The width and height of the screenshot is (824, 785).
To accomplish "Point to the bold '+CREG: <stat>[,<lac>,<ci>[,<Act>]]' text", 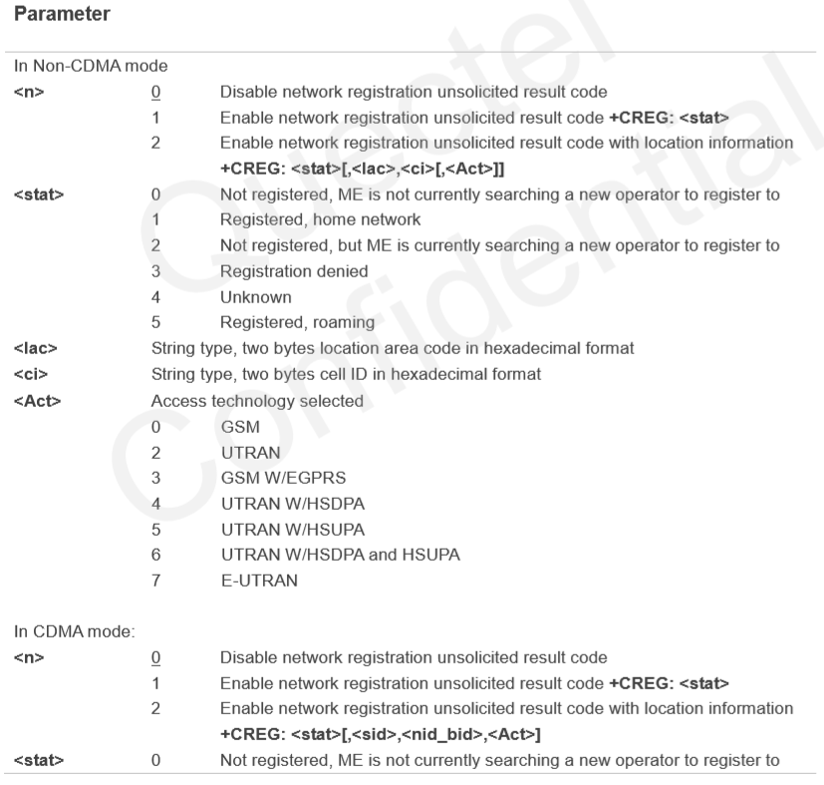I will pos(354,168).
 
